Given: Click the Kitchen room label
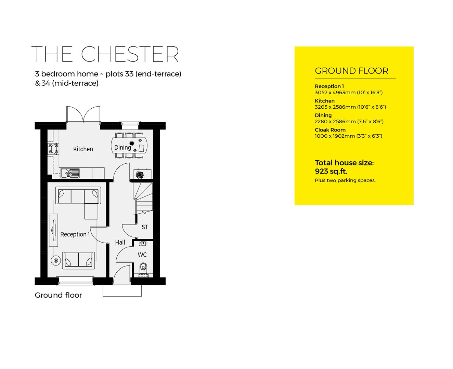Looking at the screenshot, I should pyautogui.click(x=83, y=149).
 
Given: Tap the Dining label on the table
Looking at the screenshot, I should pyautogui.click(x=122, y=148).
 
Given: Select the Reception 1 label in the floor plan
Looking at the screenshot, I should pyautogui.click(x=75, y=234).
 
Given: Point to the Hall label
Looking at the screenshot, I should pyautogui.click(x=120, y=243).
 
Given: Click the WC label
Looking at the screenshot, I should pyautogui.click(x=142, y=255).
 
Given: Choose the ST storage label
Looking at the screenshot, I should pyautogui.click(x=145, y=227).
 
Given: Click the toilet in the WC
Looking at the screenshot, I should pyautogui.click(x=143, y=267).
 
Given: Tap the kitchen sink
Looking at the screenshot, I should pyautogui.click(x=70, y=173).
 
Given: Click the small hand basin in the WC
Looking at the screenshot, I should pyautogui.click(x=143, y=243).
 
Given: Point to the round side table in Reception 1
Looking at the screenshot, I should pyautogui.click(x=56, y=261).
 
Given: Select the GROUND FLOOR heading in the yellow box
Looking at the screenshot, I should pyautogui.click(x=351, y=71).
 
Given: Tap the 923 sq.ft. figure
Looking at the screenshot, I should pyautogui.click(x=331, y=172).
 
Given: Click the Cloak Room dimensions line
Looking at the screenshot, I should pyautogui.click(x=348, y=136).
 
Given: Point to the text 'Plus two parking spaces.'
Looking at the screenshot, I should pyautogui.click(x=345, y=180).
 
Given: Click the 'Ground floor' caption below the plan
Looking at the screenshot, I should pyautogui.click(x=59, y=295).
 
